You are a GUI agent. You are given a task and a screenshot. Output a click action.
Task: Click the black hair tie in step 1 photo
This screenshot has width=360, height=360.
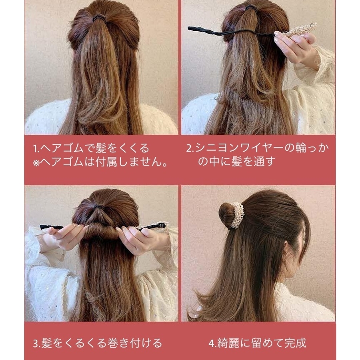tap(100, 18)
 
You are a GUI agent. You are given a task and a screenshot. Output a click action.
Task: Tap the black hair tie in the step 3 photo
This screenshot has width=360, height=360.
tap(99, 207)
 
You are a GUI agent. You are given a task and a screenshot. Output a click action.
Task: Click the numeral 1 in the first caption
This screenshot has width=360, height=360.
tap(35, 149)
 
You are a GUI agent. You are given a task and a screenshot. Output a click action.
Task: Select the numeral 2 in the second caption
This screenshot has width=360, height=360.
tap(189, 149)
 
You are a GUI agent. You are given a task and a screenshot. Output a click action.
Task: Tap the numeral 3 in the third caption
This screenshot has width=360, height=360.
tap(36, 344)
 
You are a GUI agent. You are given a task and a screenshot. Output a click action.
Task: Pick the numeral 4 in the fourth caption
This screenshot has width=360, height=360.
tap(211, 344)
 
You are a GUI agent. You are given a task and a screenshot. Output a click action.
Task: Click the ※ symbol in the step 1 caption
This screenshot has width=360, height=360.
tap(36, 163)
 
